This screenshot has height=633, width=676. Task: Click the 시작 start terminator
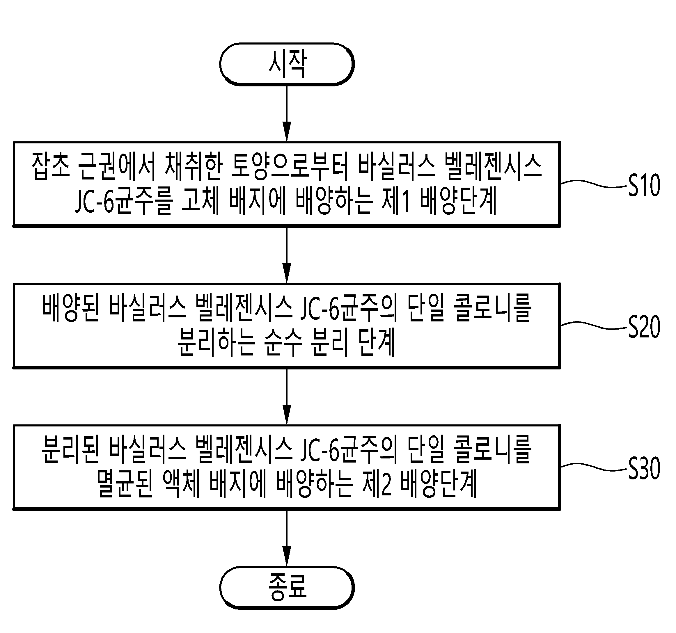click(x=287, y=64)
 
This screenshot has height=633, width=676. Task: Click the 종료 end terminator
click(x=287, y=587)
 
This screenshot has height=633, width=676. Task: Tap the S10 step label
click(x=644, y=185)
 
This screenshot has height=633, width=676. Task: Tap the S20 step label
click(x=644, y=327)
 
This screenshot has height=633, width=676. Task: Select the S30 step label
click(x=644, y=468)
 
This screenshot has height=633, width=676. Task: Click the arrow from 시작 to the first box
click(x=287, y=113)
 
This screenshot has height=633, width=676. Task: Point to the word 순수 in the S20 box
click(x=283, y=343)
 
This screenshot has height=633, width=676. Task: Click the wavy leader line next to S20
click(x=593, y=326)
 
